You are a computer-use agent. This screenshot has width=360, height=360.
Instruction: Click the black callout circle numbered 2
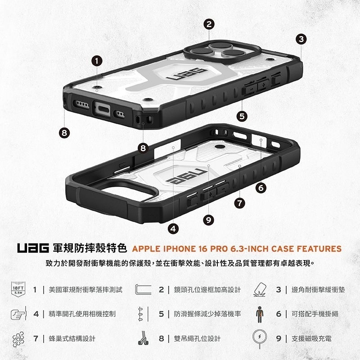coord(208,25)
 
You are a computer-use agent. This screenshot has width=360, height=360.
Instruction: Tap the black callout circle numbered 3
coord(301,39)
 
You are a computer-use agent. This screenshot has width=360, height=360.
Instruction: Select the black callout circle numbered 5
coord(243,116)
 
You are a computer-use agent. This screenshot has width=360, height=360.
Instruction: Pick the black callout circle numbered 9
coord(207,220)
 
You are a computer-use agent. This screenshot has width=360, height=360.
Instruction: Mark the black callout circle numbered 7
coord(240,203)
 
